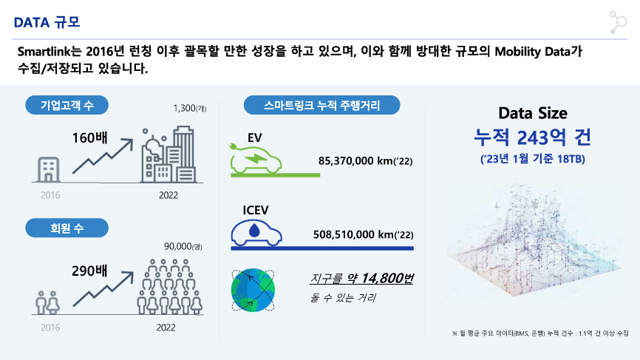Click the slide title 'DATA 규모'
coord(47,22)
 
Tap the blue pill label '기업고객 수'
coord(67,105)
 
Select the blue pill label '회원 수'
coord(67,228)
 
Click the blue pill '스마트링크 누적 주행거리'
coord(321,105)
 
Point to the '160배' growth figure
coord(90,138)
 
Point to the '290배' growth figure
coord(90,271)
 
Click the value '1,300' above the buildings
coord(185,108)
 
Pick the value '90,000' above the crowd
coord(178,247)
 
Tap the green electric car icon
coord(256,160)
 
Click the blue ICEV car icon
coord(256,233)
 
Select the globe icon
coord(253,290)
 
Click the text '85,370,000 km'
coord(355,161)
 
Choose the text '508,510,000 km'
coord(353,234)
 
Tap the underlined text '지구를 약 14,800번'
coord(361,279)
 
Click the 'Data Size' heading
coord(533,113)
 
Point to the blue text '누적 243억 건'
coord(533,137)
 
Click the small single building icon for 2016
coord(49,169)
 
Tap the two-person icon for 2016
coord(47,302)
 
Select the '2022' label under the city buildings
coord(168,195)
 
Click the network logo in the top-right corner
coord(618,22)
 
